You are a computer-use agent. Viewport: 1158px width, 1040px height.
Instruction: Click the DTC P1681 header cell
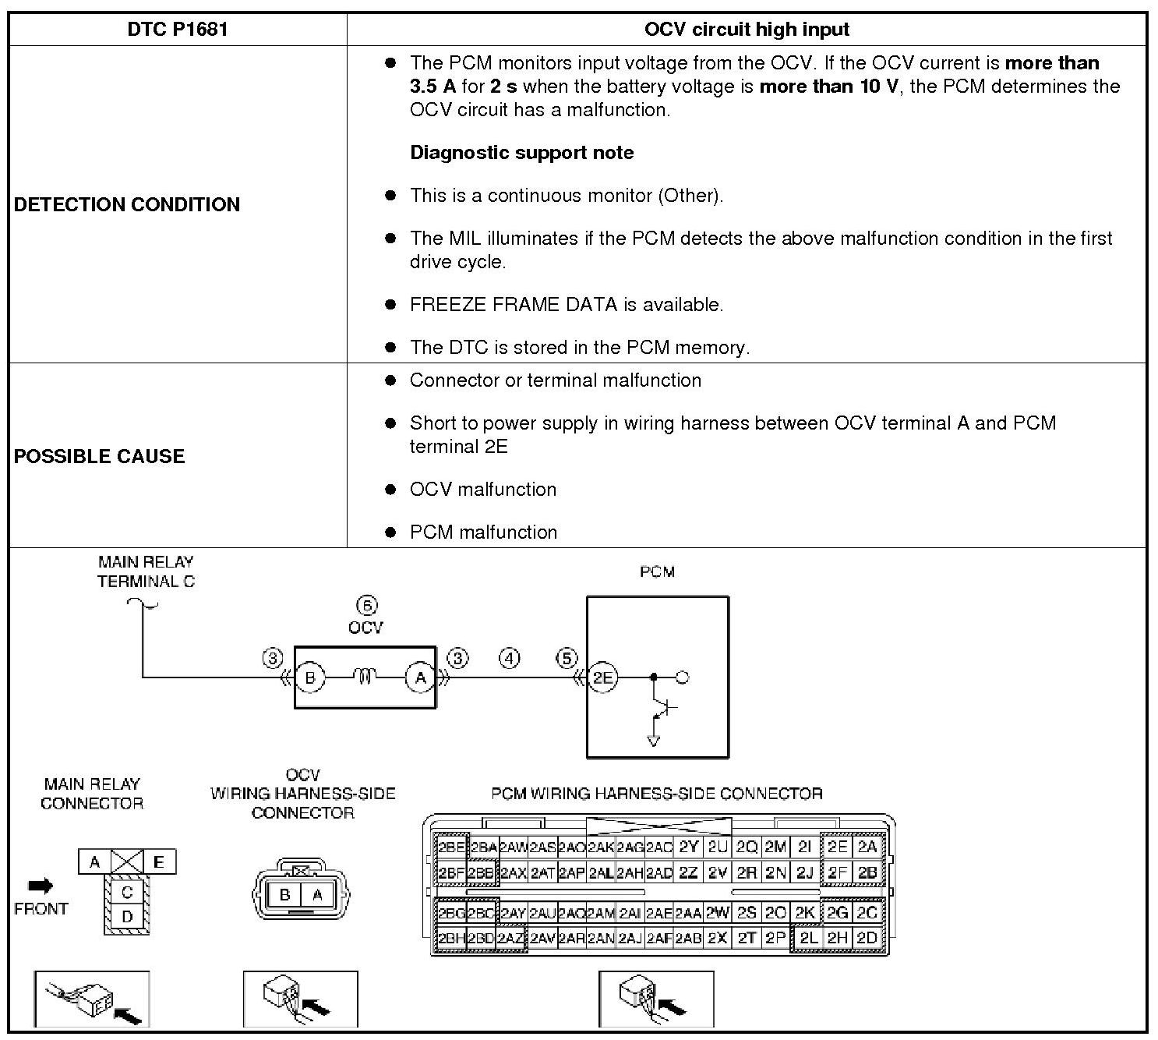177,30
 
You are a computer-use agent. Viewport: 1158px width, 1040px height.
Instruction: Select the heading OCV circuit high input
746,30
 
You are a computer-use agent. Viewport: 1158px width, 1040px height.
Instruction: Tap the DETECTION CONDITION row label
127,204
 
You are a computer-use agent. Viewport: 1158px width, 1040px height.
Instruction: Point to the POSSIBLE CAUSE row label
99,456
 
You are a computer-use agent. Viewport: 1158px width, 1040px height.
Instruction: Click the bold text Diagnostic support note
521,153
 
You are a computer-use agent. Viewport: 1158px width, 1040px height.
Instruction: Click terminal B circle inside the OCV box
310,677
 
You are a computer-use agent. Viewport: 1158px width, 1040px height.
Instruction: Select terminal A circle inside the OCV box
421,677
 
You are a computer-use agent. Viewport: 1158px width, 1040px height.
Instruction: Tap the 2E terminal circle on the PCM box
602,677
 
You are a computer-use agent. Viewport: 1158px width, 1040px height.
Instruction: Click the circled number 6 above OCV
366,606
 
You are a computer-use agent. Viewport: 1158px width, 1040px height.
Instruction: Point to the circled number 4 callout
509,659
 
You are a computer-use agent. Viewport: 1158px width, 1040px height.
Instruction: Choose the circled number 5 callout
567,659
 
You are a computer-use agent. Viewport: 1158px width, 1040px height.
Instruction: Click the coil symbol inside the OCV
365,677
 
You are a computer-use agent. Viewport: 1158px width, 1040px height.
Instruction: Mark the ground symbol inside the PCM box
654,740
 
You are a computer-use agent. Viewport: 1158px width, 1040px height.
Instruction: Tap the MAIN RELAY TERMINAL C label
146,571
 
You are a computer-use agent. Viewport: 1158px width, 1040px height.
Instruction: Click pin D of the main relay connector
127,917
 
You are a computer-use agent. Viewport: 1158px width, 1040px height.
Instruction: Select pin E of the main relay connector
159,861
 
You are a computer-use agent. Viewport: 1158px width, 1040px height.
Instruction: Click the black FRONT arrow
41,886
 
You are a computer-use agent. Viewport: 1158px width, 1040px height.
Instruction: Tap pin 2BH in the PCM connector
450,939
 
